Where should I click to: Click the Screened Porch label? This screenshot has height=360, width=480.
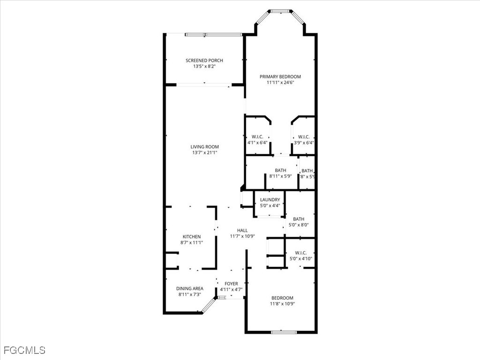204,60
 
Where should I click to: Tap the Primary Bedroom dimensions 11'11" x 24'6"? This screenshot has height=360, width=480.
280,82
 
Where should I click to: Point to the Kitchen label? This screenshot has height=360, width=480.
191,237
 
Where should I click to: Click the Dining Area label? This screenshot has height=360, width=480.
189,288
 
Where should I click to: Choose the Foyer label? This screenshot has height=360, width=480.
231,284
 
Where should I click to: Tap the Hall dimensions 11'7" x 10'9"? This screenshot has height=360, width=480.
242,236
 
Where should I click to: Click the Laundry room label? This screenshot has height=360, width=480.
270,200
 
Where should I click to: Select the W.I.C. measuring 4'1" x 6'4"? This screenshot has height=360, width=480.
257,140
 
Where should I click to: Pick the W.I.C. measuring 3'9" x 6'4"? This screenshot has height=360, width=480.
304,140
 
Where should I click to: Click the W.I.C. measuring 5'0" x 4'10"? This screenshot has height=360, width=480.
300,255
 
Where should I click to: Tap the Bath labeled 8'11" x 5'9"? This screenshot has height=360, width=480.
280,173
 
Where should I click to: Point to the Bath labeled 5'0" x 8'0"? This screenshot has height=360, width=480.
299,222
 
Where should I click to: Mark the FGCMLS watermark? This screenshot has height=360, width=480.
24,350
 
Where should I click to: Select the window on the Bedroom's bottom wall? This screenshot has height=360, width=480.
284,332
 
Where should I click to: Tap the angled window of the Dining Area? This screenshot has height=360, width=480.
209,305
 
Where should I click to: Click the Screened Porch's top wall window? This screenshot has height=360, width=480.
213,34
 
